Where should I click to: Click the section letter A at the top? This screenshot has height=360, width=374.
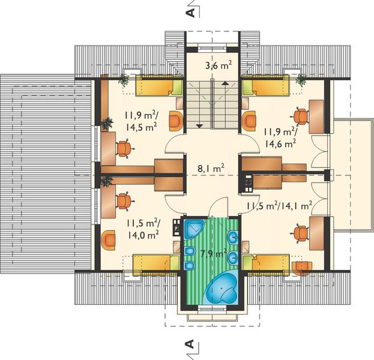pos(190,11)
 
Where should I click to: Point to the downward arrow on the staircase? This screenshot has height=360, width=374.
pos(198,125)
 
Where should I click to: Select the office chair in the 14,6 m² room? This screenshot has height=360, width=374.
pos(300,115)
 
